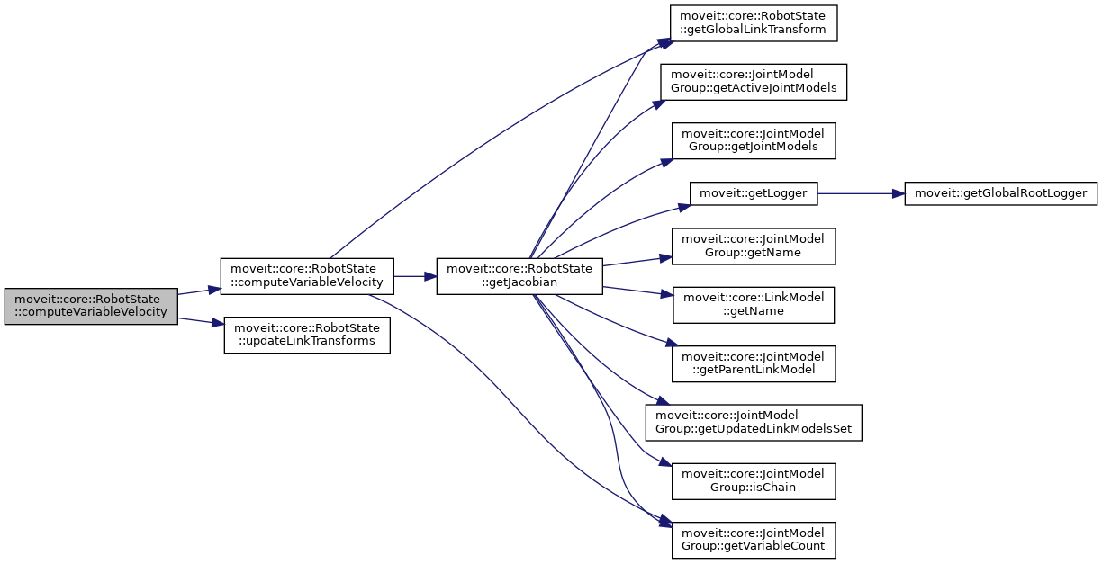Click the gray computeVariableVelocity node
pos(91,306)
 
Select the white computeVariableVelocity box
pos(307,275)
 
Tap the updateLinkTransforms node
pos(307,335)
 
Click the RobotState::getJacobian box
pos(519,275)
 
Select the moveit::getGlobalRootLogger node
pos(1000,192)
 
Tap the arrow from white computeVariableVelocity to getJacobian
pos(414,275)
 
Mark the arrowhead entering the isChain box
pos(667,465)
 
